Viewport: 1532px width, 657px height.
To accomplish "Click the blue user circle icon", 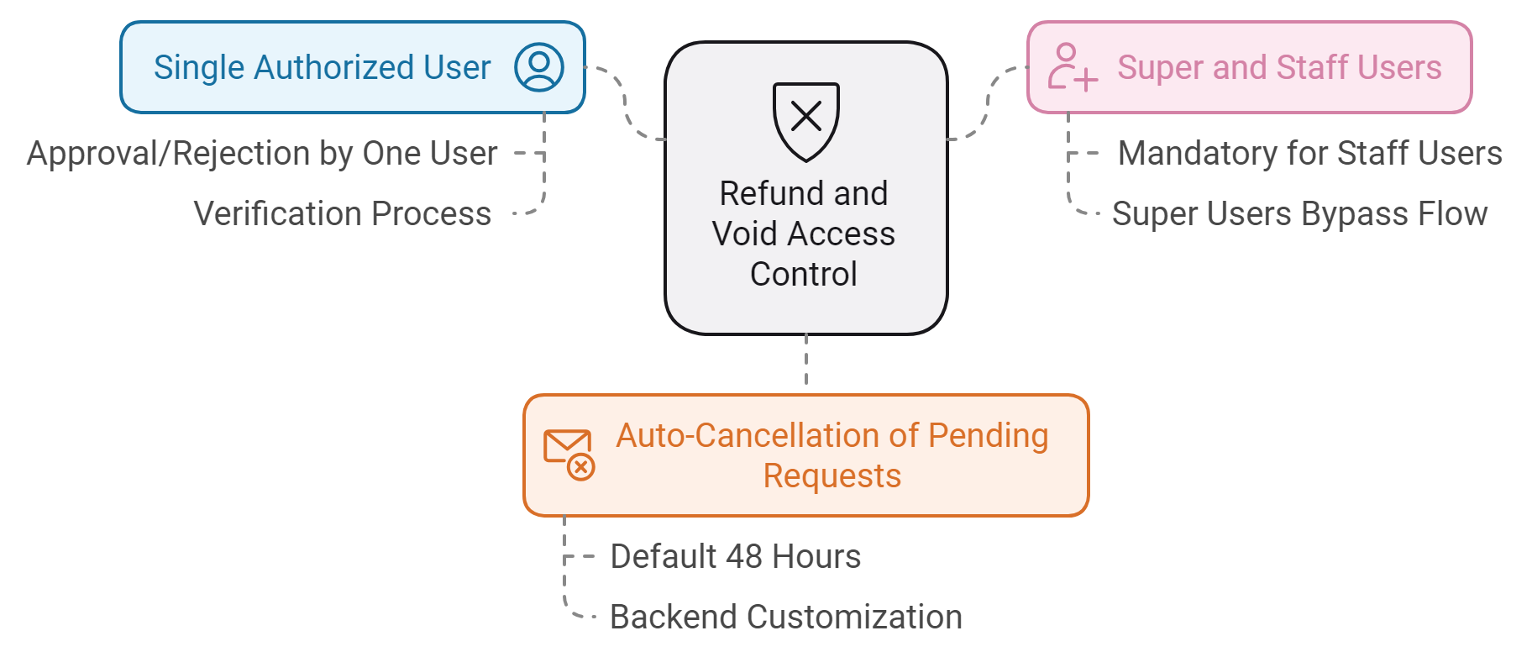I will coord(538,67).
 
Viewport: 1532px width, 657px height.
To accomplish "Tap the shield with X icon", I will coord(805,121).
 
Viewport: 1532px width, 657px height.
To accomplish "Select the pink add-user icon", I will coord(1072,67).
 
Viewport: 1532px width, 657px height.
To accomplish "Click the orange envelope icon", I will coord(569,454).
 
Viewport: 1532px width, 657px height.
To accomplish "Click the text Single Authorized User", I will coord(322,67).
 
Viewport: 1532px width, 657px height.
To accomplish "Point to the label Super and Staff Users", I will coord(1279,67).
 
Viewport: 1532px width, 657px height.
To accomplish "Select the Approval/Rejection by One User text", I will coord(262,154).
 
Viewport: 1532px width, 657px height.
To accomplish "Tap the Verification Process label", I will coord(342,213).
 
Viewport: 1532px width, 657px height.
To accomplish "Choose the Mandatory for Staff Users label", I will coord(1310,154).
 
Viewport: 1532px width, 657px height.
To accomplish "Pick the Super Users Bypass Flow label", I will coord(1299,213).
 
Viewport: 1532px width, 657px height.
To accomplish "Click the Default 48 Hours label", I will coord(736,556).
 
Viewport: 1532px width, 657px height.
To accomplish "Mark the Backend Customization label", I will coord(786,617).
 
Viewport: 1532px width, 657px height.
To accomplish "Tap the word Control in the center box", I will coord(804,274).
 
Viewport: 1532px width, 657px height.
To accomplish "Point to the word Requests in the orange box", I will coord(832,476).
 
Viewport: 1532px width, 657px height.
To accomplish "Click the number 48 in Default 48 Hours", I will coord(744,556).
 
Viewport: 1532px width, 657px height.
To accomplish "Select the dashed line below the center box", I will coord(806,360).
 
